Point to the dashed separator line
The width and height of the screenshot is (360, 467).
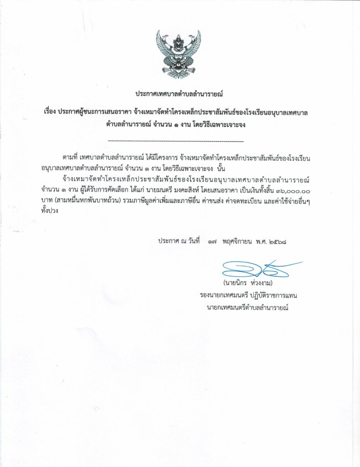[177, 141]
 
